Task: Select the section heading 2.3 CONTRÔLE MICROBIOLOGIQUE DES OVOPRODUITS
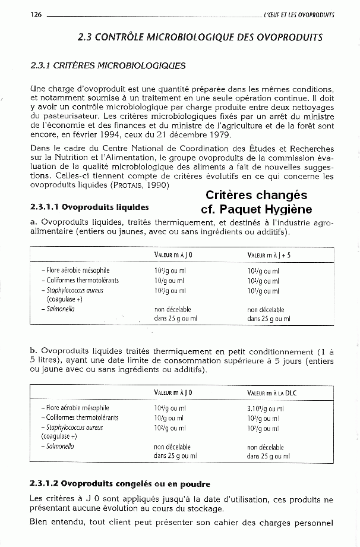(x=200, y=37)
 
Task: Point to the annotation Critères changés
(x=256, y=196)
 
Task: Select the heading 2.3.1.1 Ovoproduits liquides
(x=89, y=208)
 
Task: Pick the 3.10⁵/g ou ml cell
(x=265, y=408)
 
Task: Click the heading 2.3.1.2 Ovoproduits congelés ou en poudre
(x=120, y=483)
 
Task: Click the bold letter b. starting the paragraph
(x=33, y=352)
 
